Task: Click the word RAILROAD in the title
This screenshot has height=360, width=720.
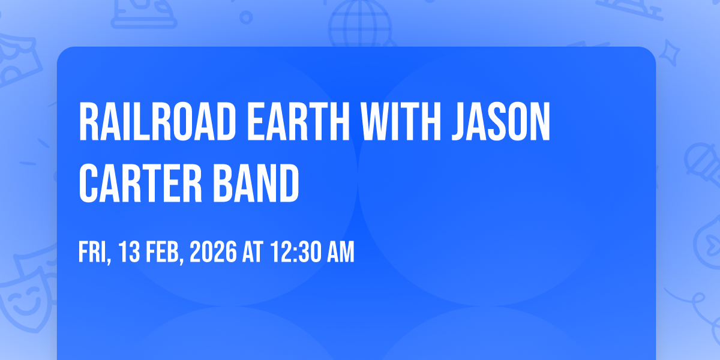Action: pos(158,121)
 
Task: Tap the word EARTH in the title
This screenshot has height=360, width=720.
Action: pos(298,121)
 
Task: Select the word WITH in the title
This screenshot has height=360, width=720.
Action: pos(400,121)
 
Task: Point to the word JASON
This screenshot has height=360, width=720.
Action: pos(501,121)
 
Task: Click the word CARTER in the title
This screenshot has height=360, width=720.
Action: pos(140,183)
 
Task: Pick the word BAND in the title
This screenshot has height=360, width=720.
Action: pos(256,183)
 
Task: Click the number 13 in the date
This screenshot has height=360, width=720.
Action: pos(129,251)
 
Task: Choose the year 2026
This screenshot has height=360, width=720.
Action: pos(213,251)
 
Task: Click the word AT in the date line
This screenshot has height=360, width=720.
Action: pos(253,251)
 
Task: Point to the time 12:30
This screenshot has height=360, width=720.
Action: pos(295,251)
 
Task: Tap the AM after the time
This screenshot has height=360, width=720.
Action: pos(340,251)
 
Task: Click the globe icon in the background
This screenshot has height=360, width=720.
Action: pos(360,23)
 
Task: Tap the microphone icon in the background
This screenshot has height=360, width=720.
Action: pos(703,164)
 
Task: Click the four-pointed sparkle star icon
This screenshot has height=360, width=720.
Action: pos(669,53)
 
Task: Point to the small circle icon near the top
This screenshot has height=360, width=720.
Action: pos(246,17)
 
